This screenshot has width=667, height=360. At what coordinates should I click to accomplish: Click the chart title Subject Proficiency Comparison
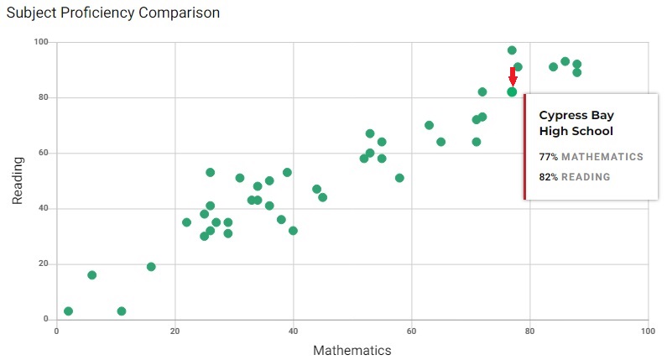pos(112,13)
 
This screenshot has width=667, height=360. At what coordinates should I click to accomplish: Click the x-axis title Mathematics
pos(352,350)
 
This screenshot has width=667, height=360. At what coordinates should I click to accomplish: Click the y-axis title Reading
pos(18,180)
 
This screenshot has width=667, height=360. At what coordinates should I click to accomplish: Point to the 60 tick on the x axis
pos(411,331)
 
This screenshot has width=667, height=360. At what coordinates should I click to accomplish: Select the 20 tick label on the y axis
pos(44,263)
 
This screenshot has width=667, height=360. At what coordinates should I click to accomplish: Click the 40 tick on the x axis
pos(293,331)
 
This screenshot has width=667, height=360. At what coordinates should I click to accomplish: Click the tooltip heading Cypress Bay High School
pos(576,123)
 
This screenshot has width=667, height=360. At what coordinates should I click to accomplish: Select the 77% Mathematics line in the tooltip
pos(591,157)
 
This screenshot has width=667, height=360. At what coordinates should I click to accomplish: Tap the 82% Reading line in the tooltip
pos(575,177)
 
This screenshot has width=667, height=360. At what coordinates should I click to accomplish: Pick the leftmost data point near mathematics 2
pos(69,311)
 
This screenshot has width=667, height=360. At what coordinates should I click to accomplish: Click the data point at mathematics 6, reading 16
pos(92,275)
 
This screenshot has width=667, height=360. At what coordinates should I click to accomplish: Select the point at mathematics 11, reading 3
pos(122,311)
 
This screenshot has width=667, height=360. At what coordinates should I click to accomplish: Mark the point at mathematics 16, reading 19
pos(151,267)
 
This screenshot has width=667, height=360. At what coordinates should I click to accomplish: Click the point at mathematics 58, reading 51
pos(399,178)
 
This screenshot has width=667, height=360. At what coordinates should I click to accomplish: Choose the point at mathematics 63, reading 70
pos(429,125)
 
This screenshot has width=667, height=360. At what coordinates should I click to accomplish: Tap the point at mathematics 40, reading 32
pos(293,231)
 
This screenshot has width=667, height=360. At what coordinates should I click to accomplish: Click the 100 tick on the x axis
pos(647,331)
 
